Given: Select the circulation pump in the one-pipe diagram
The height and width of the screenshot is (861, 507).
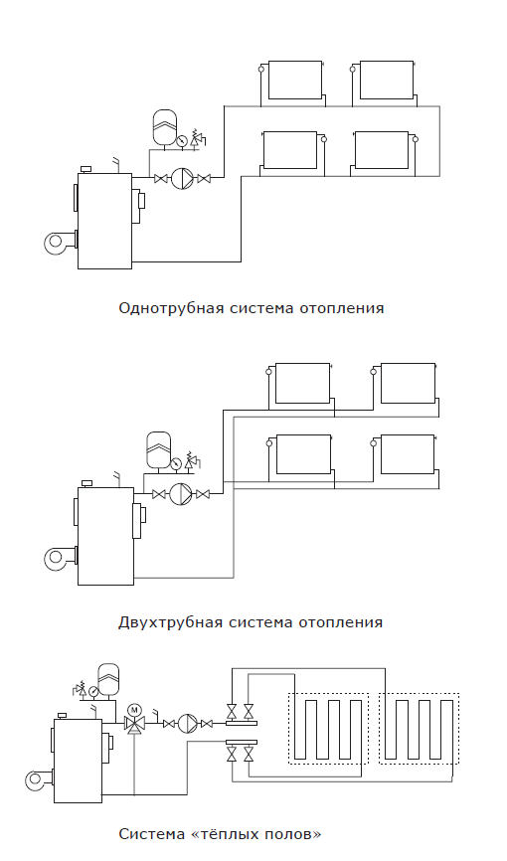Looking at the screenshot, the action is click(x=182, y=178).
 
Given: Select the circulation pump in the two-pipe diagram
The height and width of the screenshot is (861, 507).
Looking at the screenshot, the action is click(x=181, y=494).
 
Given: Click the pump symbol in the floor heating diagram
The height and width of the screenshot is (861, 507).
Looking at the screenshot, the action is click(x=187, y=724).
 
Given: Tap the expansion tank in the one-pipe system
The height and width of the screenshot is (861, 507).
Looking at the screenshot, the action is click(x=165, y=128).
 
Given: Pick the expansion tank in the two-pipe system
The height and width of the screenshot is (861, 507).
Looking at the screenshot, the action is click(x=159, y=450).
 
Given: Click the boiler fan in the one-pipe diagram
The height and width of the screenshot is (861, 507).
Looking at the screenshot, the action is click(x=59, y=243).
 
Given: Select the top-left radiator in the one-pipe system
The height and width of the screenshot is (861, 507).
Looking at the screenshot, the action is click(x=294, y=80).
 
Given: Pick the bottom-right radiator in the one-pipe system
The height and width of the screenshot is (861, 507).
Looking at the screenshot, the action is click(x=382, y=150).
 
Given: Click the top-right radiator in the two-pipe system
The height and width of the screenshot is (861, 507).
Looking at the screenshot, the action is click(x=409, y=383).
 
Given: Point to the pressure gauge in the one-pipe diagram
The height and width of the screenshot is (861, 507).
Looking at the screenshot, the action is click(x=182, y=141).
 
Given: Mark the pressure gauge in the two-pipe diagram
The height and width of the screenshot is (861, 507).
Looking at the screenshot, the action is click(x=176, y=463).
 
